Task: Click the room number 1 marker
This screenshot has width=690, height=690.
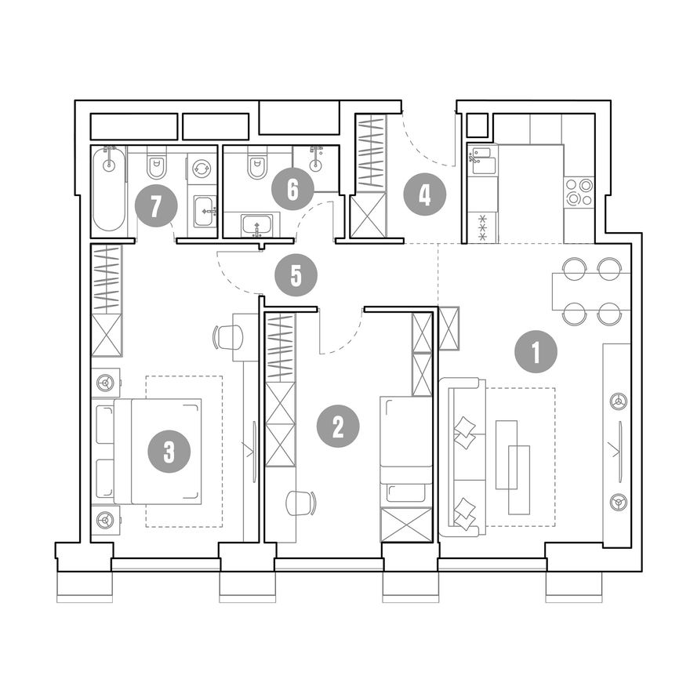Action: [x=536, y=352]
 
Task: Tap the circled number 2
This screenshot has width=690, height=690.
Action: [x=338, y=426]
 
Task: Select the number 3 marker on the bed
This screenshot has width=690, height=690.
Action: [x=169, y=452]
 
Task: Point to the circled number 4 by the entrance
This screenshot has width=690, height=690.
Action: [x=425, y=194]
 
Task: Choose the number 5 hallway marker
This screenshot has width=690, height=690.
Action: [x=296, y=275]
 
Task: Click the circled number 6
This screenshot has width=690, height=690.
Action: [x=292, y=189]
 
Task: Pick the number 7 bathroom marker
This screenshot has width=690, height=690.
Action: [x=156, y=205]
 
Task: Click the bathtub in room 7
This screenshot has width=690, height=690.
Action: [x=109, y=188]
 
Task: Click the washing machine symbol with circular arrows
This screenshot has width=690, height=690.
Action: [x=202, y=168]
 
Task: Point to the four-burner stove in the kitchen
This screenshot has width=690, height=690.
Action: [x=579, y=191]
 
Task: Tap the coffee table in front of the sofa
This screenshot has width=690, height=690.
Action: [x=513, y=467]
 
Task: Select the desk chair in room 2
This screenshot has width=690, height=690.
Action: [x=301, y=503]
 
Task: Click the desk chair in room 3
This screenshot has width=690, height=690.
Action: [x=228, y=337]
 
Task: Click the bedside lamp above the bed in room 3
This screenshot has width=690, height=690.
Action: [x=106, y=383]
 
